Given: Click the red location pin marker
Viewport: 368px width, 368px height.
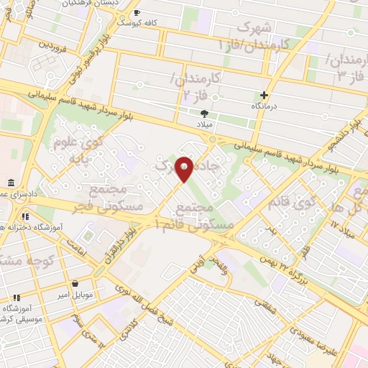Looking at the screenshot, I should pos(185,168).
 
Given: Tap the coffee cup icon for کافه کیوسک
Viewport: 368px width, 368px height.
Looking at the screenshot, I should pos(137,13).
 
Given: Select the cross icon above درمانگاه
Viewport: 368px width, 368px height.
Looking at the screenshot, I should pos(264,95).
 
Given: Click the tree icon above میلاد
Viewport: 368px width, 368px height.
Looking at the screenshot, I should pos(205,114).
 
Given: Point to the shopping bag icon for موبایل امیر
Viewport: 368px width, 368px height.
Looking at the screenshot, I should pos(75,284).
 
